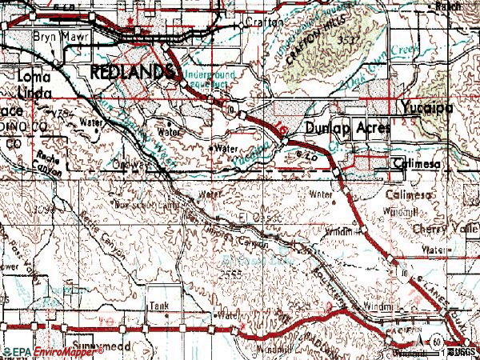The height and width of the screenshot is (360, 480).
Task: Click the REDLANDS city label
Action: (132, 72)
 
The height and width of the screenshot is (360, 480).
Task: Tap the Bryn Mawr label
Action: (52, 37)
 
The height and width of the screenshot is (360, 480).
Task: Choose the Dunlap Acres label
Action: (346, 128)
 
